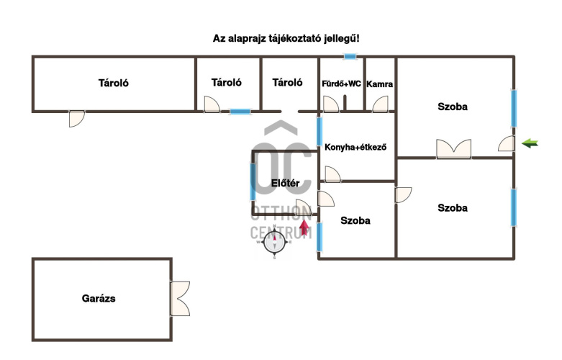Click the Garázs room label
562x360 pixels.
(x=99, y=297)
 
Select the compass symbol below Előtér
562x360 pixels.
(x=275, y=243)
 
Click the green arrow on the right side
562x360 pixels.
(x=530, y=143)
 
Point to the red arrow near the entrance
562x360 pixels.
(x=304, y=229)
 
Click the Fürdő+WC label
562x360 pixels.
(x=342, y=84)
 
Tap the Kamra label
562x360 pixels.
(x=379, y=84)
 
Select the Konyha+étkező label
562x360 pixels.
(x=356, y=148)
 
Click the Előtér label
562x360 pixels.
(x=285, y=183)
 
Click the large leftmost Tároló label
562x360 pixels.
(x=114, y=83)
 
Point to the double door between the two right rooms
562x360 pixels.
(x=453, y=149)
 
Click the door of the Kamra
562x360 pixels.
(x=379, y=104)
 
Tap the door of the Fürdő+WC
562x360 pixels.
(x=331, y=104)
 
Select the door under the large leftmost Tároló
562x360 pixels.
(x=76, y=119)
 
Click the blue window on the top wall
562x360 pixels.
(x=350, y=56)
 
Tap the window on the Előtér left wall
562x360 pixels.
(x=253, y=182)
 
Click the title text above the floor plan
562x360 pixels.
(x=286, y=37)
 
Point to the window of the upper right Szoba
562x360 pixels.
(x=514, y=107)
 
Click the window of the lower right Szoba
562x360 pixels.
(x=514, y=207)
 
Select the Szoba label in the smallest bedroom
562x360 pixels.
(x=355, y=221)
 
